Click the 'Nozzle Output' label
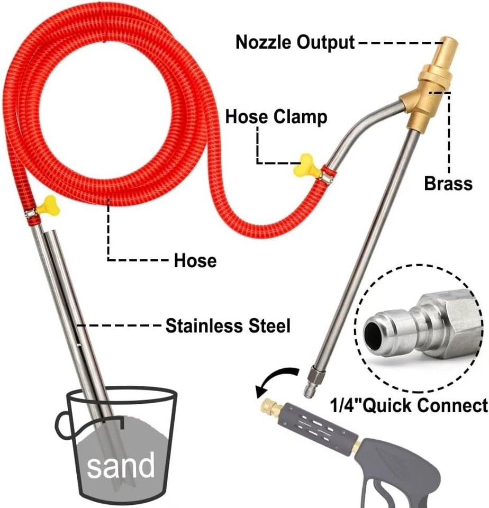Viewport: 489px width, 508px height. click(295, 42)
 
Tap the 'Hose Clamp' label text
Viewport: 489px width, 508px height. click(276, 116)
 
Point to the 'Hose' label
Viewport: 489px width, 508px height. click(195, 260)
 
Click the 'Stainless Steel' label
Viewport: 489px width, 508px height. click(228, 326)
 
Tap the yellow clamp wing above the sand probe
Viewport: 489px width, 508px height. click(48, 204)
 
